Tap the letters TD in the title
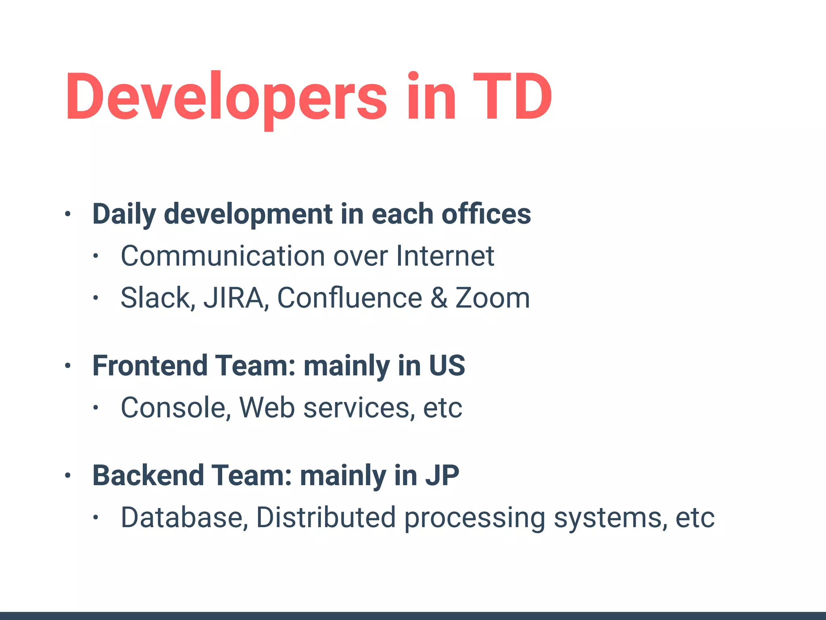click(x=512, y=97)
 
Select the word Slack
click(x=155, y=298)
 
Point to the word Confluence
click(x=349, y=298)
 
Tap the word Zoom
click(x=492, y=298)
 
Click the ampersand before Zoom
click(x=439, y=298)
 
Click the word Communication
click(x=223, y=256)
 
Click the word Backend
click(x=148, y=475)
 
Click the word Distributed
click(x=326, y=517)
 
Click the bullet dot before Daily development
click(x=68, y=214)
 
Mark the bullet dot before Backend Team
click(x=68, y=476)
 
